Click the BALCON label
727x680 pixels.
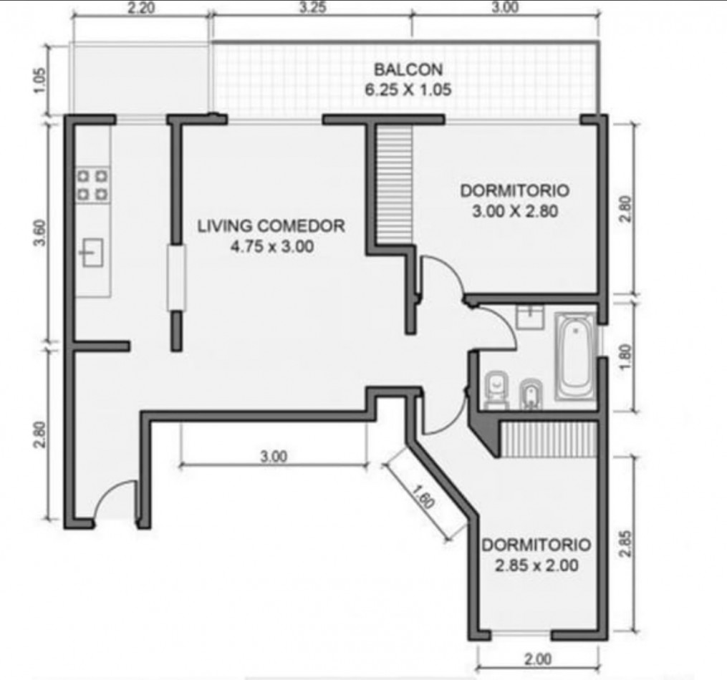[x=408, y=69]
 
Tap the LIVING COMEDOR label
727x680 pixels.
[x=271, y=226]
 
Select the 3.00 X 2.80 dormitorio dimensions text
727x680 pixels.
[x=515, y=211]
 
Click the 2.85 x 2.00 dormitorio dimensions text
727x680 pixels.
[x=536, y=565]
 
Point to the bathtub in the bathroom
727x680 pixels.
[x=575, y=356]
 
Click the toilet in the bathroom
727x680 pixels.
[x=496, y=390]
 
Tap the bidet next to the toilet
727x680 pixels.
[x=531, y=394]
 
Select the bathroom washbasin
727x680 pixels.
[x=530, y=317]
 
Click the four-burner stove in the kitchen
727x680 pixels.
[x=92, y=185]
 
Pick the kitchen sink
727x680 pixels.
[x=92, y=253]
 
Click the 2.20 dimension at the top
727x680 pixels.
[x=141, y=9]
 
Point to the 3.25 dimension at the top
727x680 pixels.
[x=312, y=8]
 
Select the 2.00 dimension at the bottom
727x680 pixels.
[x=538, y=659]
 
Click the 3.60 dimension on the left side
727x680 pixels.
[x=41, y=233]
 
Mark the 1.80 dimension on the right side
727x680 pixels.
[x=625, y=356]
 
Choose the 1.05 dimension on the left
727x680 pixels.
[x=41, y=81]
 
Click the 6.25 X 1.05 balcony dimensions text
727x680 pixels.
[x=408, y=89]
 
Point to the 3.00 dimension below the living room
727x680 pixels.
[x=274, y=457]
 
